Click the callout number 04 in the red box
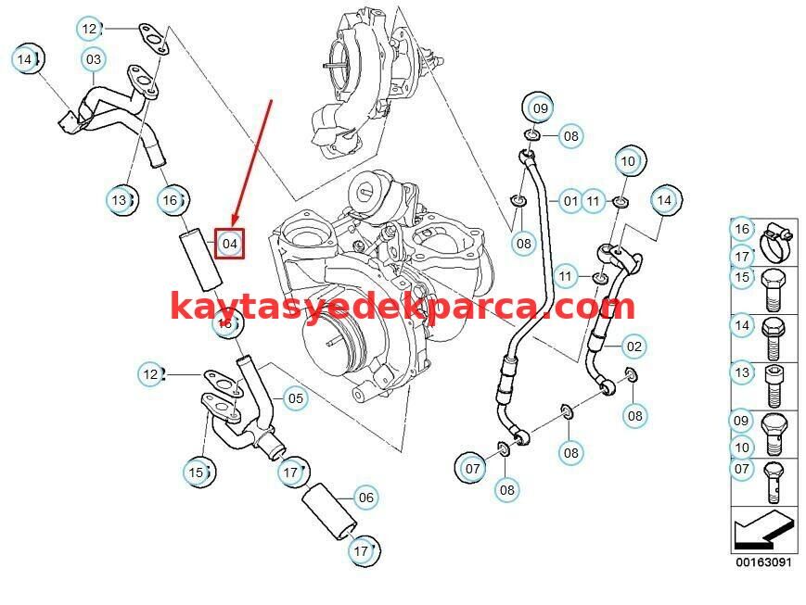pyautogui.click(x=230, y=244)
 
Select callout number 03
pyautogui.click(x=94, y=60)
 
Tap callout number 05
pyautogui.click(x=295, y=399)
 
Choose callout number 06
pyautogui.click(x=366, y=498)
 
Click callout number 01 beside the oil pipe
pyautogui.click(x=570, y=200)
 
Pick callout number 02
pyautogui.click(x=633, y=347)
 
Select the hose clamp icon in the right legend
pyautogui.click(x=776, y=242)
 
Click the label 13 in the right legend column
pyautogui.click(x=742, y=372)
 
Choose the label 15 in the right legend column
pyautogui.click(x=742, y=276)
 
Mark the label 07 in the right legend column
pyautogui.click(x=742, y=469)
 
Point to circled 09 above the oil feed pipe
pyautogui.click(x=539, y=108)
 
